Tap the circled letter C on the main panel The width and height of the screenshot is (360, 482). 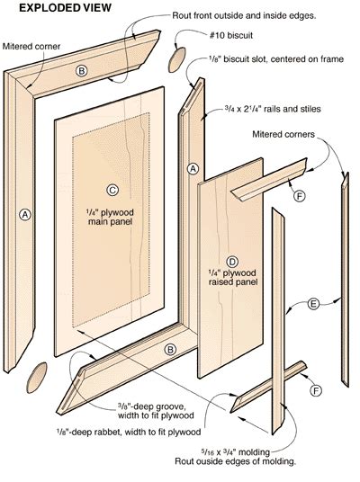112,190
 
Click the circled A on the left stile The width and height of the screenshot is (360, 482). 24,214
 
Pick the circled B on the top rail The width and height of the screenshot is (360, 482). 81,70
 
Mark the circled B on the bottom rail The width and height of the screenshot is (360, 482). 169,350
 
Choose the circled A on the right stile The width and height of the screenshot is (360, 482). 192,168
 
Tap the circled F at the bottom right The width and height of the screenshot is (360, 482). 315,390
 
